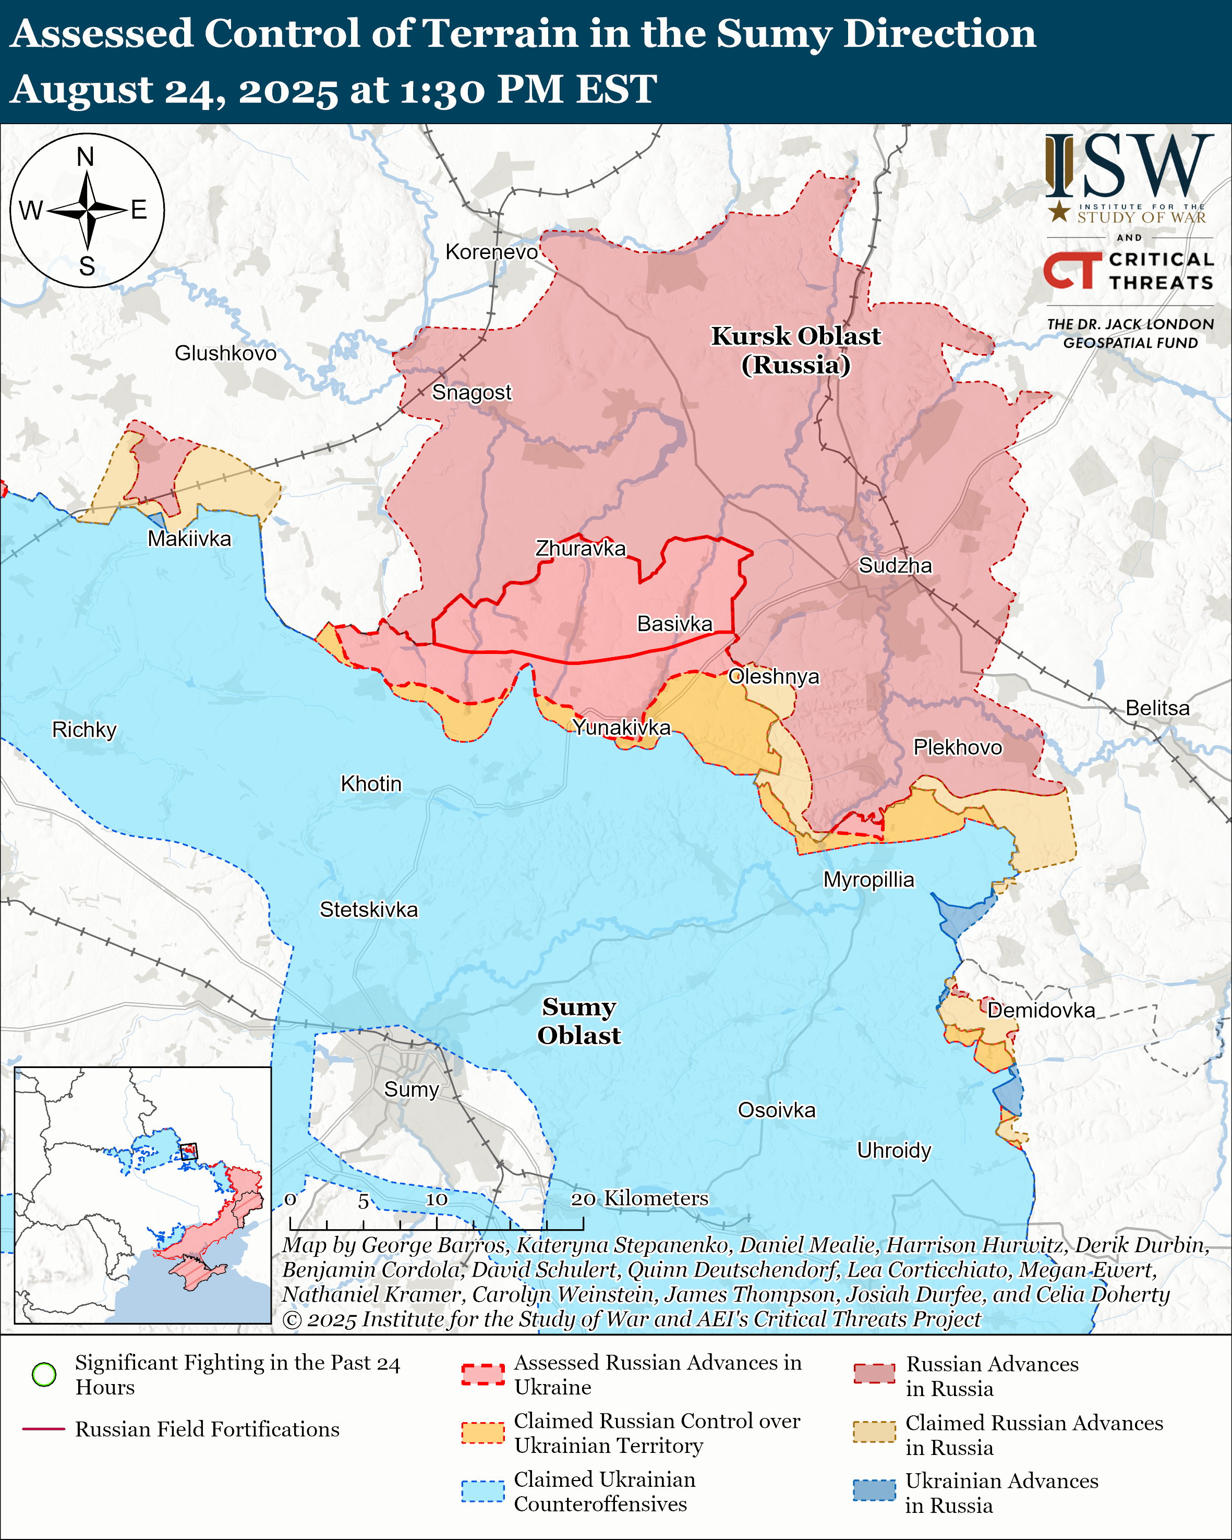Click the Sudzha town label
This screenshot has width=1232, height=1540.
tap(895, 566)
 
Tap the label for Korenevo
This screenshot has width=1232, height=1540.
tap(491, 252)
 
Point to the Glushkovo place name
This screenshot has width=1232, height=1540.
tap(226, 353)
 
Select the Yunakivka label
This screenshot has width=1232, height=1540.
tap(621, 727)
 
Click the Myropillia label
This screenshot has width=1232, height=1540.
tap(868, 879)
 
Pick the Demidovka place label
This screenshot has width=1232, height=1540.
tap(1041, 1010)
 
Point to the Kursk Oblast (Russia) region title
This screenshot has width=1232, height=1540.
tap(795, 350)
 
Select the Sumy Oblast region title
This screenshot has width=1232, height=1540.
tap(578, 1021)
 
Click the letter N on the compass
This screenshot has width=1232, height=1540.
tap(86, 156)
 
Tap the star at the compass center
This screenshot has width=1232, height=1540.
tap(87, 210)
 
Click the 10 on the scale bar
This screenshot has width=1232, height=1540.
tap(437, 1199)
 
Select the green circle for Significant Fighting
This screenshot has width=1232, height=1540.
tap(44, 1374)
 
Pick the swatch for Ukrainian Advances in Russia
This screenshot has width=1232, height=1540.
tap(874, 1490)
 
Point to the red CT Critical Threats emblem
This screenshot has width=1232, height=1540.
tap(1071, 271)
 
